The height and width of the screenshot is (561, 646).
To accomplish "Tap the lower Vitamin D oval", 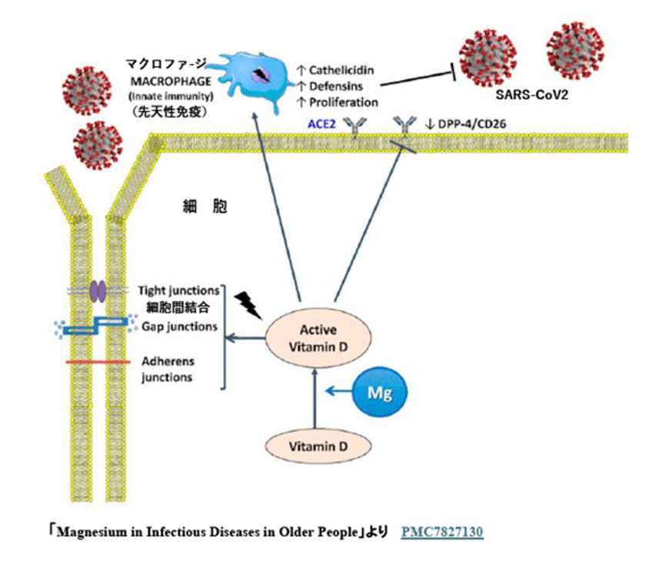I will (315, 446).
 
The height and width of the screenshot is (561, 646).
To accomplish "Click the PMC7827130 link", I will (442, 531).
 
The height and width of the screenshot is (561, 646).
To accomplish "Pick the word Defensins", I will (335, 86).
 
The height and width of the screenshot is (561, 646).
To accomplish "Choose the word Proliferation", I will (343, 102).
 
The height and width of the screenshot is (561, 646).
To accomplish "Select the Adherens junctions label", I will (167, 369).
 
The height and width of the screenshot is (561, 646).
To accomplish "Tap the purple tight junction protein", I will (98, 290).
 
